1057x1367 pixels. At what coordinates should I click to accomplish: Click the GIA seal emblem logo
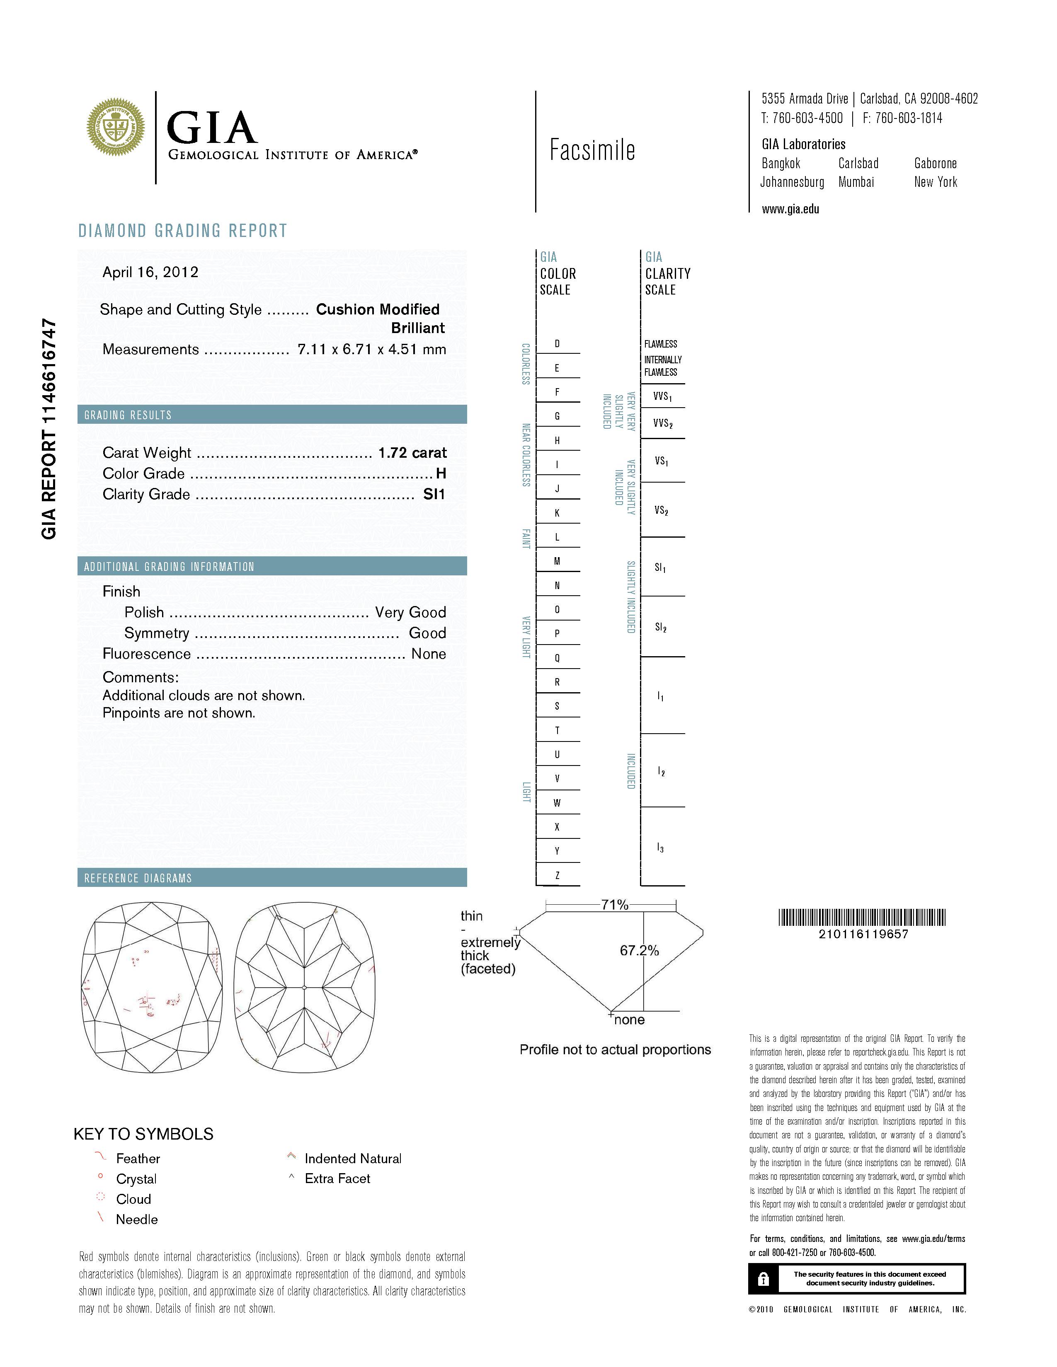(116, 127)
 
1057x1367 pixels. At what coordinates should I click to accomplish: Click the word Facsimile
(592, 150)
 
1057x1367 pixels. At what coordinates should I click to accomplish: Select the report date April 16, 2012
(150, 272)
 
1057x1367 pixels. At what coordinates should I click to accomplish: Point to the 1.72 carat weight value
(412, 452)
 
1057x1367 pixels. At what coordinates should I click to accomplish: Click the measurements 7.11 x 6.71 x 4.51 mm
(371, 349)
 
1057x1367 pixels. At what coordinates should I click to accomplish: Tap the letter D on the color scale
(557, 344)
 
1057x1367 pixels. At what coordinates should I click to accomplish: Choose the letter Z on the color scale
(557, 875)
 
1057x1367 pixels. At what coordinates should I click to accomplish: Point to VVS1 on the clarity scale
(662, 396)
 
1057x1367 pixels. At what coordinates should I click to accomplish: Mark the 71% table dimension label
(614, 904)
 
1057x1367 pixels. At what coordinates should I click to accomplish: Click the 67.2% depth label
(639, 950)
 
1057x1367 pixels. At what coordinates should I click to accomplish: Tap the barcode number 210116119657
(863, 934)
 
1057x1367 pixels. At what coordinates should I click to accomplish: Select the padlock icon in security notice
(763, 1279)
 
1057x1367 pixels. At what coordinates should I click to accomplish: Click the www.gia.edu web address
(790, 210)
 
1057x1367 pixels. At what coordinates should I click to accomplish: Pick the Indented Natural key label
(353, 1159)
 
